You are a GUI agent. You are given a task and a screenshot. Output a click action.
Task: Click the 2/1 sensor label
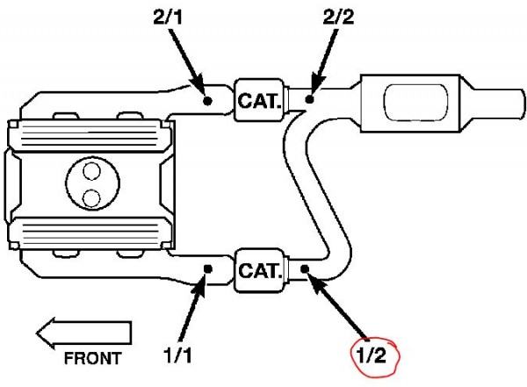tap(168, 17)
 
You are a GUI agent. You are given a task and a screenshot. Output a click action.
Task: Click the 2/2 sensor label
tap(338, 17)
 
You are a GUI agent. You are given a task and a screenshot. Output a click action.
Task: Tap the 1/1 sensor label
tap(178, 355)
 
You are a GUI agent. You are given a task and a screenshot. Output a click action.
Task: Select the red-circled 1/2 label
tap(371, 355)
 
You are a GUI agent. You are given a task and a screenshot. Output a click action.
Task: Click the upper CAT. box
tap(259, 100)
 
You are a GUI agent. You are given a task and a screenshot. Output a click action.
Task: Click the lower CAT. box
tap(259, 270)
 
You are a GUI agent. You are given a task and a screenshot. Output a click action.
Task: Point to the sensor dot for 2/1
tap(207, 100)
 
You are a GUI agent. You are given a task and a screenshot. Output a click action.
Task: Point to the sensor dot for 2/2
tap(309, 99)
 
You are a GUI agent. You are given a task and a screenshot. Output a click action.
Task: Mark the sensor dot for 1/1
tap(208, 269)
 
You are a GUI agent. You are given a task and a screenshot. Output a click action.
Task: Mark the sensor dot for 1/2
tap(305, 269)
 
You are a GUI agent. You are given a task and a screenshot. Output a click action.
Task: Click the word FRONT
tap(93, 358)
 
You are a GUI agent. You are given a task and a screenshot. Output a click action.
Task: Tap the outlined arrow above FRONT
tap(83, 333)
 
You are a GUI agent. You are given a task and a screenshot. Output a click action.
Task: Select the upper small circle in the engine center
tap(91, 171)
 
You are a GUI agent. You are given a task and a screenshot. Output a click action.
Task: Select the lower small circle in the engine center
tap(91, 198)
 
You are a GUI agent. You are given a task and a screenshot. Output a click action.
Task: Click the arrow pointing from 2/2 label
tap(325, 61)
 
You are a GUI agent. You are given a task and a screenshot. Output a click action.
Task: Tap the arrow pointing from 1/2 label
tap(337, 305)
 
